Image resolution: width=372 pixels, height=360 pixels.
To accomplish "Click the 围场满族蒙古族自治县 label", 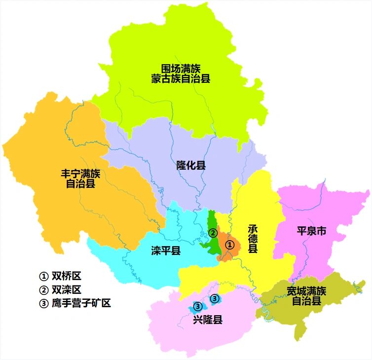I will pos(181,73).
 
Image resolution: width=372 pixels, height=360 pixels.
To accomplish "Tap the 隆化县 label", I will pos(191,165).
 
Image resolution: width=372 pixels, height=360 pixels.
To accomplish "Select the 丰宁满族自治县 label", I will pos(80,179).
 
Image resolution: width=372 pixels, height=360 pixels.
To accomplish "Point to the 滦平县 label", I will pos(166,251).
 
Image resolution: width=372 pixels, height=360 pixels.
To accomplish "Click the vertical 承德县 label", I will pos(253,239).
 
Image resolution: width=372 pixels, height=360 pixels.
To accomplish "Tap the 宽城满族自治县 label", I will pos(306,295).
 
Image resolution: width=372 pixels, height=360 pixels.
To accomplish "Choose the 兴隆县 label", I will pos(208,320).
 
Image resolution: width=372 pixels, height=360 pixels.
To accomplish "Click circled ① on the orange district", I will pos(229,244).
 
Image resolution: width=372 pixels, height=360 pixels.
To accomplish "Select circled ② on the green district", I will pos(212,233).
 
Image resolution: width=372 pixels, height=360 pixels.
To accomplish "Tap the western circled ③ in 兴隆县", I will pos(196,306).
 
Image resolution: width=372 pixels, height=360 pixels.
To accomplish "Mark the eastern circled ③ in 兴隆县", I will pos(214,298).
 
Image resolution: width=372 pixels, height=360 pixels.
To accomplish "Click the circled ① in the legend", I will pos(43,276).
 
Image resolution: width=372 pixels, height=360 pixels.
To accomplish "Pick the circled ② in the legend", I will pos(43,289).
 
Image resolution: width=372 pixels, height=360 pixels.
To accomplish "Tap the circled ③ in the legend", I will pos(43,303).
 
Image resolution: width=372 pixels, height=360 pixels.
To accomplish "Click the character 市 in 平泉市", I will pos(321,231).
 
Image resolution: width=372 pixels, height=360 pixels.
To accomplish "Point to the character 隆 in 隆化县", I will pos(181,165).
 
